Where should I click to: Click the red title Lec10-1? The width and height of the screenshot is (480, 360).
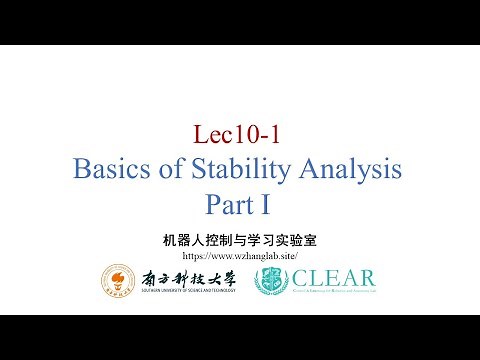(238, 134)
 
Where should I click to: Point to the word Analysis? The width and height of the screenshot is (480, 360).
(346, 169)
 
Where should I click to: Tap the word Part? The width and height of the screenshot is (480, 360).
(229, 204)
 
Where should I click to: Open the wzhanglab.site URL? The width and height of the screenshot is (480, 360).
(239, 256)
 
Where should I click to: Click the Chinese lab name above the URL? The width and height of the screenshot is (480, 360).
(239, 240)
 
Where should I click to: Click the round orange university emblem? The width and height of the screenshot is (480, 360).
(118, 281)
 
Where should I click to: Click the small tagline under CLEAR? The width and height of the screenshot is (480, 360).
(330, 293)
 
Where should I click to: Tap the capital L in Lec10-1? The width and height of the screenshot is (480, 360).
(199, 134)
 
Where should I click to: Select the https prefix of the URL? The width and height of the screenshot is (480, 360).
(193, 256)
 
